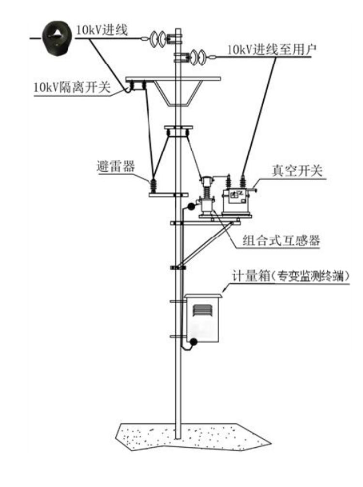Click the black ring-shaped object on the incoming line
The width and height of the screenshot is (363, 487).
pos(58,38)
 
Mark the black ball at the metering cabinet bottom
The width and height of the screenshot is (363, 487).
pos(193,343)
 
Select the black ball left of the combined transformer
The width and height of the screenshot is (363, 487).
pos(191,207)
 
